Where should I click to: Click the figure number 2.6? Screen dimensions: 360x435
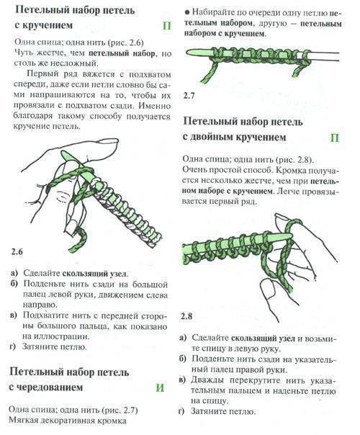[x=17, y=252]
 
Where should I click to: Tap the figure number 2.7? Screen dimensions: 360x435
[x=189, y=96]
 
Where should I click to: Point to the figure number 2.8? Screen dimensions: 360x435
[x=186, y=316]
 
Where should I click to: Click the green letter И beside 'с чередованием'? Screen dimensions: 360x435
[x=160, y=387]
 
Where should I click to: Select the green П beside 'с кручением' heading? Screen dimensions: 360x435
[x=167, y=25]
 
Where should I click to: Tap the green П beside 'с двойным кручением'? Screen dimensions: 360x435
[x=335, y=138]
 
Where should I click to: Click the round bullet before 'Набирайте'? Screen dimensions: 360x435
[x=187, y=12]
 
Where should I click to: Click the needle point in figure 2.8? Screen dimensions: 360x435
[x=291, y=236]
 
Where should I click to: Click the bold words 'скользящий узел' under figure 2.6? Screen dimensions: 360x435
[x=94, y=274]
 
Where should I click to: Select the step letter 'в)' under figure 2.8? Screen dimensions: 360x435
[x=182, y=380]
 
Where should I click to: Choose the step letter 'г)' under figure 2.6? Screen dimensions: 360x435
[x=13, y=346]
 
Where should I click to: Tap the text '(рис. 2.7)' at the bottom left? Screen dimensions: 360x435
[x=120, y=410]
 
